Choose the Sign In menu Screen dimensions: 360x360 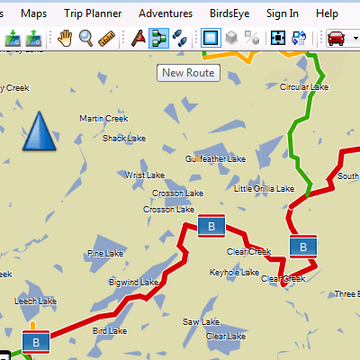click(x=283, y=13)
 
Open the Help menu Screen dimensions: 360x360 click(x=328, y=13)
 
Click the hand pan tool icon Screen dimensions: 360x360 click(x=65, y=38)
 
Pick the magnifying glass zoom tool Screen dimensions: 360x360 click(x=86, y=38)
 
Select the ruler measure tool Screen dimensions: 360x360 click(x=107, y=38)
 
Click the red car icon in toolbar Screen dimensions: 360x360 click(x=337, y=38)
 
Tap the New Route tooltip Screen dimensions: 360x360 click(x=188, y=73)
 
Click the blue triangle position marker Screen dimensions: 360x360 click(x=39, y=132)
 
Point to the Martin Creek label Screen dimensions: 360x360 click(x=103, y=118)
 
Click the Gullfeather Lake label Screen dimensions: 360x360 click(x=215, y=158)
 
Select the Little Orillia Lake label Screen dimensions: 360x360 click(x=264, y=189)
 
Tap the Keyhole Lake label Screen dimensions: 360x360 click(x=234, y=272)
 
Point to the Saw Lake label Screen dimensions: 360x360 click(x=201, y=321)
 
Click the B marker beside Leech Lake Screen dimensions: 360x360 click(x=34, y=343)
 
